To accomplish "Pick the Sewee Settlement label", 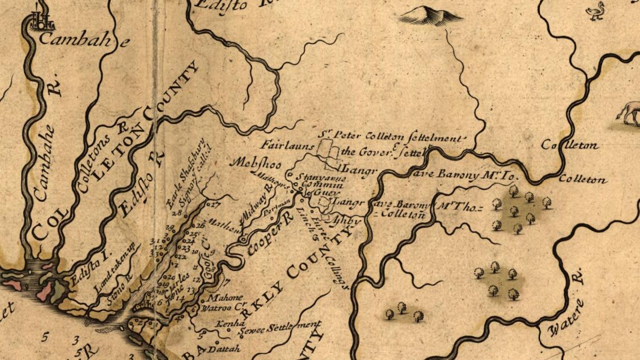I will click(x=280, y=329).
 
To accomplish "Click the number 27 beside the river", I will click(x=213, y=203).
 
